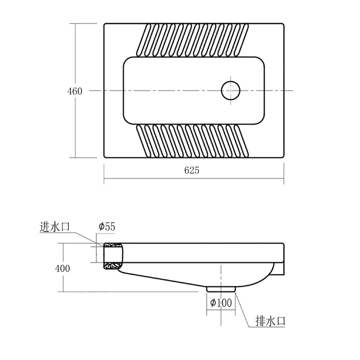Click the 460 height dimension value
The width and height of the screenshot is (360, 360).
(x=75, y=91)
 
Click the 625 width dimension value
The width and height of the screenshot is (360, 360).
(x=192, y=170)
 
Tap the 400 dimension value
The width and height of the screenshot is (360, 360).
(x=62, y=268)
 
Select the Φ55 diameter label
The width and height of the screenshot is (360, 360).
(x=107, y=227)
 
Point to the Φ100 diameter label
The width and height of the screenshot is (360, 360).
(x=221, y=303)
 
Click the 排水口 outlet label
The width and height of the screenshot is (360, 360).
(x=270, y=321)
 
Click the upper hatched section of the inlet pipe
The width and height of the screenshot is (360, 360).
(x=113, y=245)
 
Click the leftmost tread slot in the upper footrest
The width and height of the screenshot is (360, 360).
(x=143, y=40)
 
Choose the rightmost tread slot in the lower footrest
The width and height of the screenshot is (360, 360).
(x=242, y=141)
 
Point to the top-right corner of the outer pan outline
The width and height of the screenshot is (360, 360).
(x=284, y=24)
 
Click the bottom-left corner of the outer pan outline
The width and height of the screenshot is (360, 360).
(x=104, y=157)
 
